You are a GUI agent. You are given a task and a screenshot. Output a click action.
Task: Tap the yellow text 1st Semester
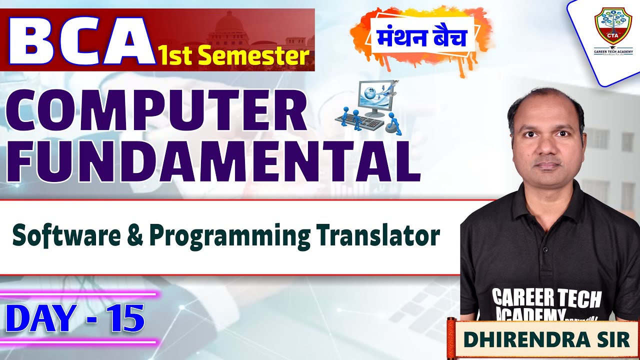pyautogui.click(x=232, y=55)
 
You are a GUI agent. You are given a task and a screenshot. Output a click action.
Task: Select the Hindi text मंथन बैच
pyautogui.click(x=422, y=38)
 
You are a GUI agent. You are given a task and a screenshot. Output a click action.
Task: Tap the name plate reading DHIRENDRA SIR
pyautogui.click(x=546, y=339)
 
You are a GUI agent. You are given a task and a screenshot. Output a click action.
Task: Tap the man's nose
pyautogui.click(x=548, y=149)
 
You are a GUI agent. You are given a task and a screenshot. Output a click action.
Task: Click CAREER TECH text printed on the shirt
pyautogui.click(x=546, y=297)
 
